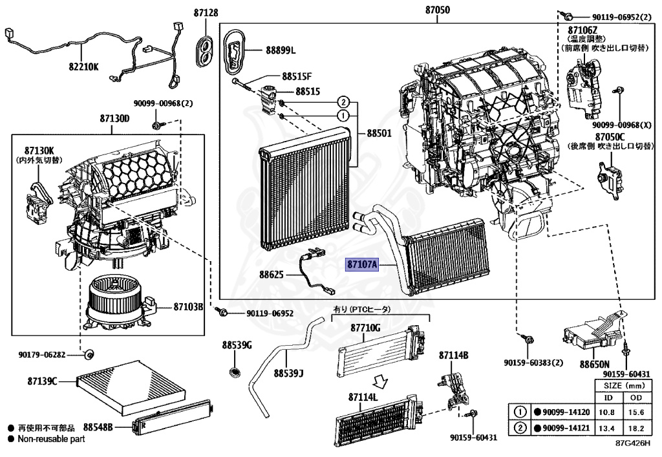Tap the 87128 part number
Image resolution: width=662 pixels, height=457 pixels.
[x=206, y=12]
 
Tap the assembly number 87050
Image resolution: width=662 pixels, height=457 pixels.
[x=438, y=10]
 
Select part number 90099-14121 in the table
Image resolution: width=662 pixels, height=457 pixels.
[x=564, y=428]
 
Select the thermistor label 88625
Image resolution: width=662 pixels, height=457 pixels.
[x=272, y=275]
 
